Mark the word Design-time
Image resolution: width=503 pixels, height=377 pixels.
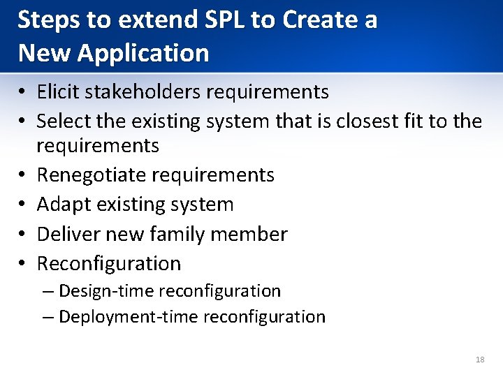coord(106,290)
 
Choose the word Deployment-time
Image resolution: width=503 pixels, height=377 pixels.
coord(129,317)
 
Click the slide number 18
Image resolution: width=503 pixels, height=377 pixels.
coord(479,360)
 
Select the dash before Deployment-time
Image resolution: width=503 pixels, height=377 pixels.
coord(48,318)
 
